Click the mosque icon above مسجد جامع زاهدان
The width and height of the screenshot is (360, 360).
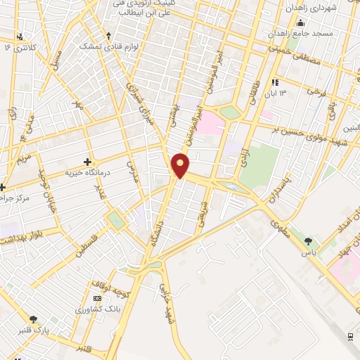302,23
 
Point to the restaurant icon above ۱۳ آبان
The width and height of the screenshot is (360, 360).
276,82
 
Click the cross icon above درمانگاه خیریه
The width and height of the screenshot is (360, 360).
87,161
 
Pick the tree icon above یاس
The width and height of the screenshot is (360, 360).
308,241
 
